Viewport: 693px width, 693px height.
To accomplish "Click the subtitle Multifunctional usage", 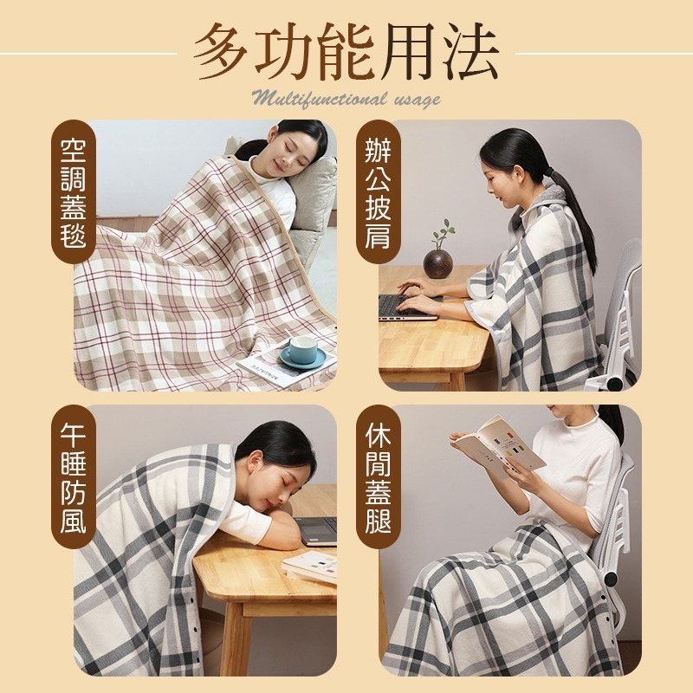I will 346,97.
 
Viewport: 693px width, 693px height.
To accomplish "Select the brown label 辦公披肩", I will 379,194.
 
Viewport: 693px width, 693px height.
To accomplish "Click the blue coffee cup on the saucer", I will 302,350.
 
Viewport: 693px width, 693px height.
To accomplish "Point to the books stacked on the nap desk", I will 310,567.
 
